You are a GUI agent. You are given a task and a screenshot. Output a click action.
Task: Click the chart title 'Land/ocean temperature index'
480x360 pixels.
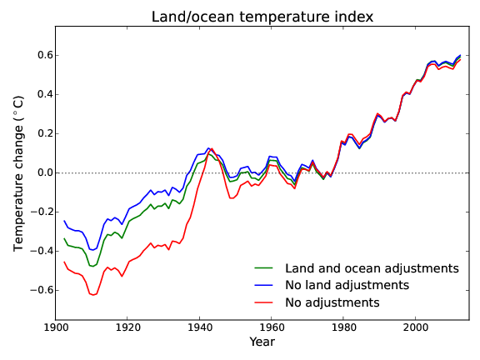pyautogui.click(x=262, y=17)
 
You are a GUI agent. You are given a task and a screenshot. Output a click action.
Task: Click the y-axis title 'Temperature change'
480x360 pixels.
pyautogui.click(x=18, y=172)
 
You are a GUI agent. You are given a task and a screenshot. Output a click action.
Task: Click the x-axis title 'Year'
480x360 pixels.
pyautogui.click(x=262, y=342)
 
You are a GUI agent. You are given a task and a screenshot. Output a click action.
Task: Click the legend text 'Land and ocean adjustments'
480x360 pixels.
pyautogui.click(x=372, y=268)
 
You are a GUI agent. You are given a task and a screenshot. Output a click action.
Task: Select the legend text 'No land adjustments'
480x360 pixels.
pyautogui.click(x=347, y=285)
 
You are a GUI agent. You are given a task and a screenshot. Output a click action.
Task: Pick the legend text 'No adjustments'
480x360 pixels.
pyautogui.click(x=332, y=302)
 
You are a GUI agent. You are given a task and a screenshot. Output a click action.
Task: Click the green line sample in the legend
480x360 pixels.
pyautogui.click(x=264, y=268)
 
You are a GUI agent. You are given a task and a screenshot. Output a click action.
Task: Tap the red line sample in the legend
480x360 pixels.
pyautogui.click(x=264, y=302)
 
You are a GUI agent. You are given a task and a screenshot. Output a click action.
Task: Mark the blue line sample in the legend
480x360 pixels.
pyautogui.click(x=264, y=285)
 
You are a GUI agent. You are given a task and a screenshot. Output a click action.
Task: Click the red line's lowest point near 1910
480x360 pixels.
pyautogui.click(x=93, y=295)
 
